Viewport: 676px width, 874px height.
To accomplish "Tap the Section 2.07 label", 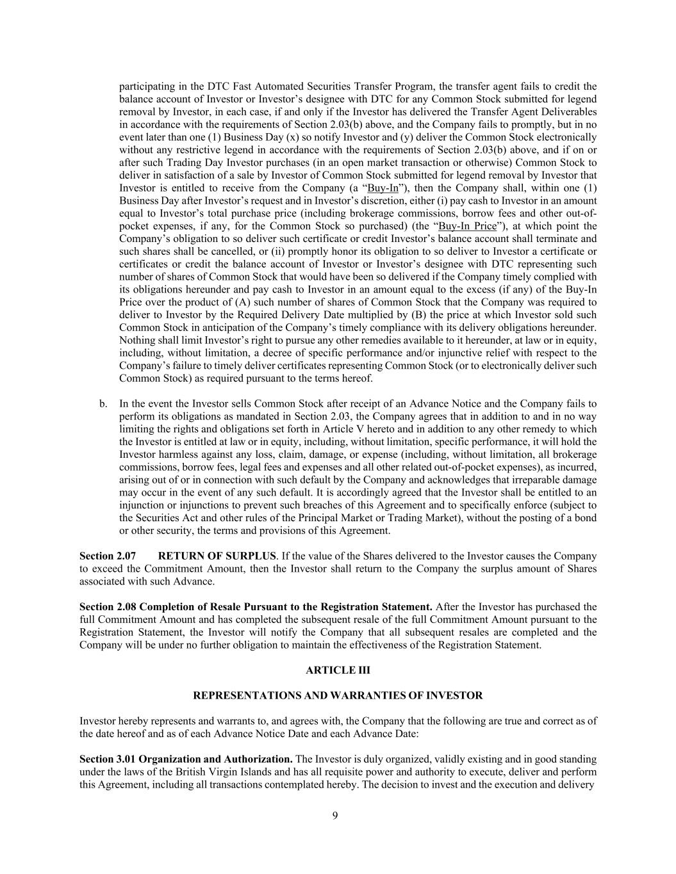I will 107,556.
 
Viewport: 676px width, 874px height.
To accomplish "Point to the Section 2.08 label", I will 108,606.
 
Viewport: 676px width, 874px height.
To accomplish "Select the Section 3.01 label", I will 108,759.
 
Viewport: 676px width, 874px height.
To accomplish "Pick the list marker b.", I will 103,403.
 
